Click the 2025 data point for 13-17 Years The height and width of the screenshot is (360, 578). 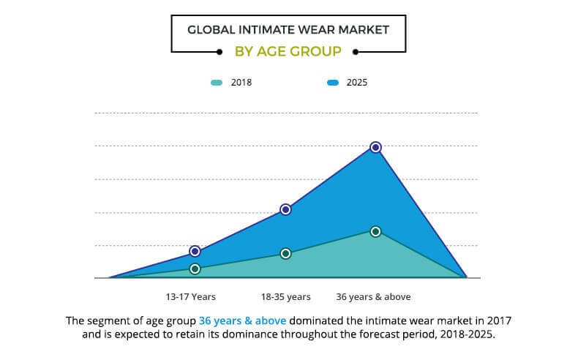[x=195, y=251]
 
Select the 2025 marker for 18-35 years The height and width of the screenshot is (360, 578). [x=285, y=209]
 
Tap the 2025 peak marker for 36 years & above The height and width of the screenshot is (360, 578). [x=375, y=147]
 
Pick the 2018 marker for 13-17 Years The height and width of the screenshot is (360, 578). [x=195, y=269]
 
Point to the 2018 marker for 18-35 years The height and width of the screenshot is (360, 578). [x=285, y=253]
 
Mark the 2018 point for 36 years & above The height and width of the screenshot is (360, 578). [x=375, y=231]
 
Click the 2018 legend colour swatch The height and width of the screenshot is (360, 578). [x=216, y=83]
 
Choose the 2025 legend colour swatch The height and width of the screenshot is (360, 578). [x=332, y=83]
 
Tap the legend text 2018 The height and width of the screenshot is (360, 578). [x=241, y=83]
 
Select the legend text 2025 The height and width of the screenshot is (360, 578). [x=357, y=83]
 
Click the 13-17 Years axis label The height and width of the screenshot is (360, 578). [x=191, y=297]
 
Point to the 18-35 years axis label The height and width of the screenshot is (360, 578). [x=285, y=297]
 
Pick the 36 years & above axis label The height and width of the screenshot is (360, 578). [x=373, y=297]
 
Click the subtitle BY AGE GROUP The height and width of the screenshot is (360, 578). [x=288, y=52]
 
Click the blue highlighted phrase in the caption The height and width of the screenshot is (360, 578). [x=243, y=320]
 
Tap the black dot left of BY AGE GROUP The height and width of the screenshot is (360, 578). [x=219, y=52]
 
